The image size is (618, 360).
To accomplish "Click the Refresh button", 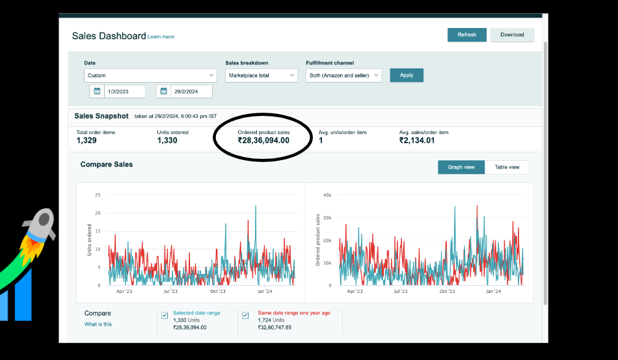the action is point(466,35).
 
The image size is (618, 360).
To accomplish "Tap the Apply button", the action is point(407,76).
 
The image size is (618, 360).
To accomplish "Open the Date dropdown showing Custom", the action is point(150,76).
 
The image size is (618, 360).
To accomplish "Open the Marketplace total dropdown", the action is point(261,76).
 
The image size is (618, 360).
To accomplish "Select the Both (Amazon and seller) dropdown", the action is point(343,76).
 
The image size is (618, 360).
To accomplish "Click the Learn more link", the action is point(161,36).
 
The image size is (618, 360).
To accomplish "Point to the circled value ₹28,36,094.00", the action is point(263,141).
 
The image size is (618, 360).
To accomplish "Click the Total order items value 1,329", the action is point(87,141).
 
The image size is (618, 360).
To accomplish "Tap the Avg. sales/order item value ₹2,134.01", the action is point(416,141).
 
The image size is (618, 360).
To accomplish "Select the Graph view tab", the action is point(461,167).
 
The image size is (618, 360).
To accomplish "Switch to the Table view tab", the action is point(507,167).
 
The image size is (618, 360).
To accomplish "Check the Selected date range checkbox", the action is point(165,316).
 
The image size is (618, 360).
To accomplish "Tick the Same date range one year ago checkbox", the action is point(245,316).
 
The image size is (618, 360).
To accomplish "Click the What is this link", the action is point(98,324).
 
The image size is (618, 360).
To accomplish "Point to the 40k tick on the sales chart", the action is point(327,195).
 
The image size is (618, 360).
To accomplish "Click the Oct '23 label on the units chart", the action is point(217,292).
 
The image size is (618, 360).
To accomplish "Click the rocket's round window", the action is point(44,219).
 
